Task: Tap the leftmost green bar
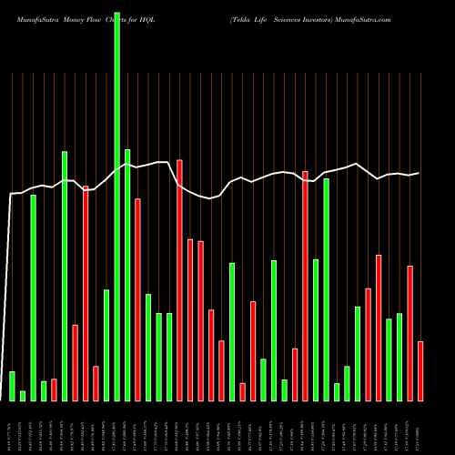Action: coord(12,386)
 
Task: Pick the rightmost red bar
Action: coord(420,370)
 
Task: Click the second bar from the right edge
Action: coord(410,333)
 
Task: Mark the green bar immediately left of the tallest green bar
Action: coord(106,345)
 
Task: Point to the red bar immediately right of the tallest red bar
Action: coord(190,319)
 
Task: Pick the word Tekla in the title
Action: coord(240,18)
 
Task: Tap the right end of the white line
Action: coord(420,173)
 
